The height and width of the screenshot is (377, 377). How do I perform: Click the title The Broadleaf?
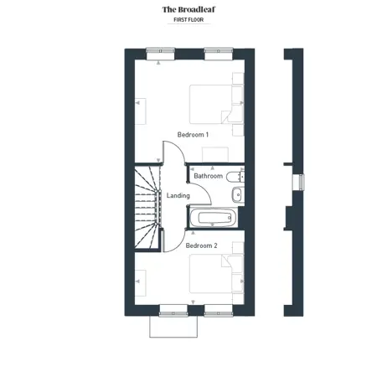coord(188,9)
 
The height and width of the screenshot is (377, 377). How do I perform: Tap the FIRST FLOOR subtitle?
coord(188,20)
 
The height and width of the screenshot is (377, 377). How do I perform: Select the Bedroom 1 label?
coord(193,135)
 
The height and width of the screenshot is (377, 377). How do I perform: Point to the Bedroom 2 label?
coord(201,245)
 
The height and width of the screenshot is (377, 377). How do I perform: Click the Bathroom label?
coord(209,176)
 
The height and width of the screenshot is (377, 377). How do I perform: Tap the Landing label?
coord(178,195)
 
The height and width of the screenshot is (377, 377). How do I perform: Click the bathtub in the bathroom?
coord(214,217)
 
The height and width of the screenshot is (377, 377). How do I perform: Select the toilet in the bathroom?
coord(235,177)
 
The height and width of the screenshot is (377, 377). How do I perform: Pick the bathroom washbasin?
coord(238,194)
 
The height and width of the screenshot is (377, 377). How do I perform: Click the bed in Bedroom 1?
coord(211,104)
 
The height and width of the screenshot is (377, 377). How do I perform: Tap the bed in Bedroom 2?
coord(211,274)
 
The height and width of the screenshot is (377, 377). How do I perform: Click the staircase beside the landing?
coord(147,207)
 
